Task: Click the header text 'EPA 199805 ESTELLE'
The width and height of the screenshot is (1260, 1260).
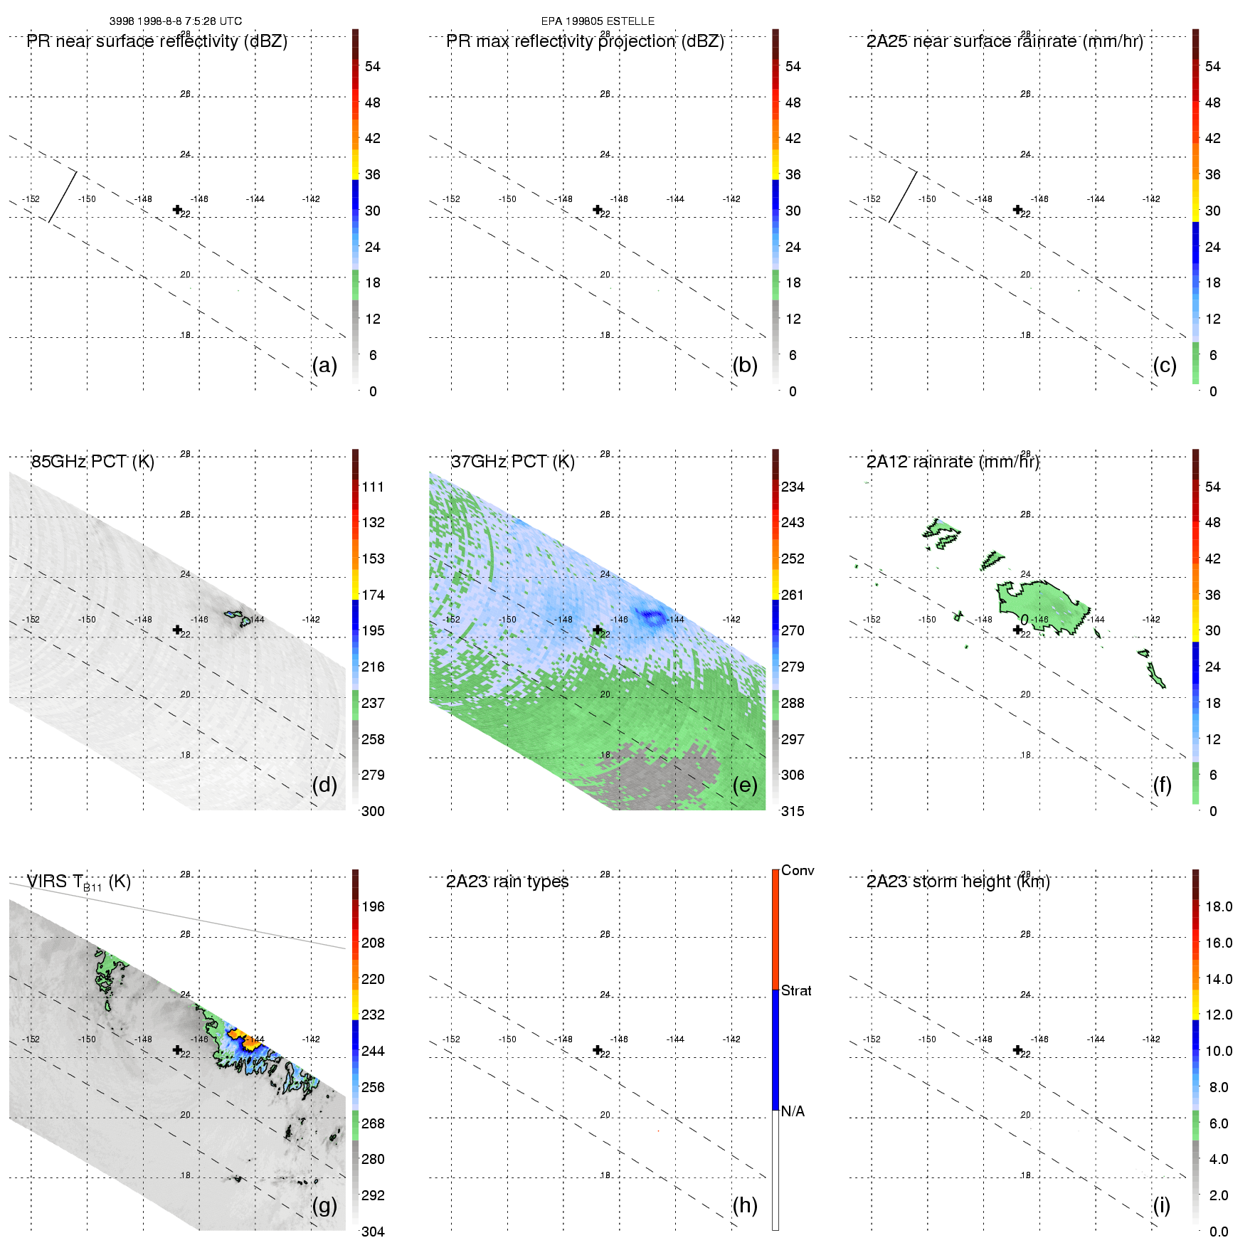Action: coord(598,21)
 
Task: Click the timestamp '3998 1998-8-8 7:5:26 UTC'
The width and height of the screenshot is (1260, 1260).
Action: coord(176,21)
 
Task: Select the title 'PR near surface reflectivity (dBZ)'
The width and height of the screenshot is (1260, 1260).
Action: coord(157,41)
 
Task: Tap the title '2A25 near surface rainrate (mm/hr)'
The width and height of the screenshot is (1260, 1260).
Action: coord(1005,41)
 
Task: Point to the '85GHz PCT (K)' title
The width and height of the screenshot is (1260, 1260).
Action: coord(92,462)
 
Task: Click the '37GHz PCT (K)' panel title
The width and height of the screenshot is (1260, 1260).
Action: coord(512,462)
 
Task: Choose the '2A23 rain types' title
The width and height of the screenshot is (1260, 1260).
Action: coord(507,882)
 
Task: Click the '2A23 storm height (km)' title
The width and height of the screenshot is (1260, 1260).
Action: coord(958,882)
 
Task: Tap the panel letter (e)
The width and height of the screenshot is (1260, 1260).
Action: coord(744,785)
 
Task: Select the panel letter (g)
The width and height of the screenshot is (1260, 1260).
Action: coord(324,1205)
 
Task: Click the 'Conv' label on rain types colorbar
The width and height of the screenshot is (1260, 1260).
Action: coord(798,870)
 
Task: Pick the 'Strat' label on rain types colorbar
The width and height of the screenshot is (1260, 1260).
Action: coord(796,990)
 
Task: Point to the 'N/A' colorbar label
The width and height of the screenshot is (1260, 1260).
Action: coord(792,1111)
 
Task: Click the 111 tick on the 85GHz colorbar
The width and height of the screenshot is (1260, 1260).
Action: coord(373,487)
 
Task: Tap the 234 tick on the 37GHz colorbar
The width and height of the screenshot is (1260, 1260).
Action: coord(793,487)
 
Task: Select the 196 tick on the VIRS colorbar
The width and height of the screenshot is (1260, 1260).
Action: coord(373,906)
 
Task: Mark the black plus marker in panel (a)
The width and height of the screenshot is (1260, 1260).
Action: coord(177,209)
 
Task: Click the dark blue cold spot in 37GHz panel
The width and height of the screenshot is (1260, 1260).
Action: coord(652,615)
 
